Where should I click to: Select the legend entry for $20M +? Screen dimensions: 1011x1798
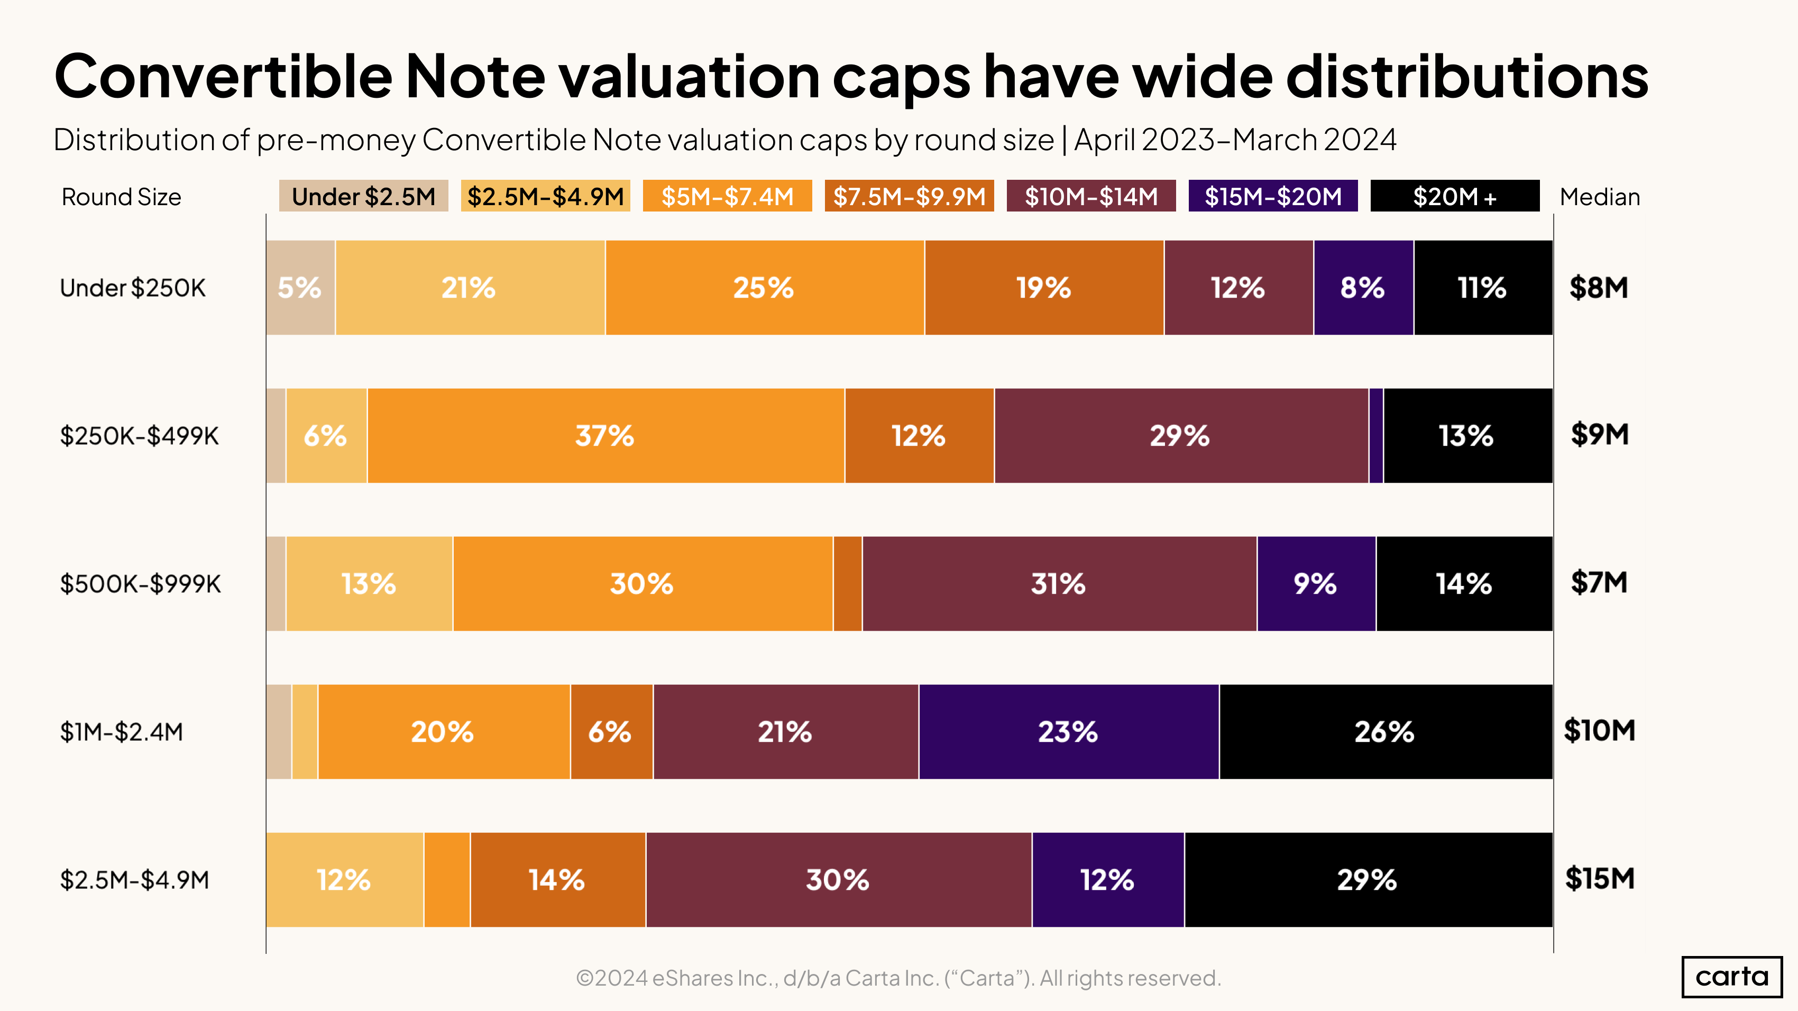(1455, 196)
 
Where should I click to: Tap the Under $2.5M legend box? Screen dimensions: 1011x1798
(363, 196)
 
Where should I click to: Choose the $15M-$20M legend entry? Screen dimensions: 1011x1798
(1272, 196)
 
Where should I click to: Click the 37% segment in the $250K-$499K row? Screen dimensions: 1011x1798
(605, 435)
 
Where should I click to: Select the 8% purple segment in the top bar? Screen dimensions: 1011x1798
(1362, 288)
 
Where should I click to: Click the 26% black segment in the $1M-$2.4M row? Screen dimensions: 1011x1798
(1385, 731)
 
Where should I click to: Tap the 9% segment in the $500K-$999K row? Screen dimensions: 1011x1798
(1316, 583)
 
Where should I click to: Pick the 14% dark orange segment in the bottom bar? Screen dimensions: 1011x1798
(557, 879)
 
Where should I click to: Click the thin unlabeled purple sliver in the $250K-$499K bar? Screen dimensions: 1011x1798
(1375, 435)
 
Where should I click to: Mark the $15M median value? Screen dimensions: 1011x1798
(1599, 878)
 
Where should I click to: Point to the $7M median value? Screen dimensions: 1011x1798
(1599, 582)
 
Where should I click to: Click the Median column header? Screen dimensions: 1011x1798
(1599, 197)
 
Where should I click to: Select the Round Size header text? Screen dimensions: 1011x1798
(122, 197)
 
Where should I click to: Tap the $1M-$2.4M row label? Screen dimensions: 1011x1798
(122, 732)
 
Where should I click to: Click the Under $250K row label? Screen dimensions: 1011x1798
(133, 288)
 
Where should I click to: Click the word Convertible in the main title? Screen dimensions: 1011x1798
(223, 77)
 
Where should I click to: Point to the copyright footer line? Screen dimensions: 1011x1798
(898, 978)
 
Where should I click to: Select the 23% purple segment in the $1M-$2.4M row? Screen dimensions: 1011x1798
(1068, 731)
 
